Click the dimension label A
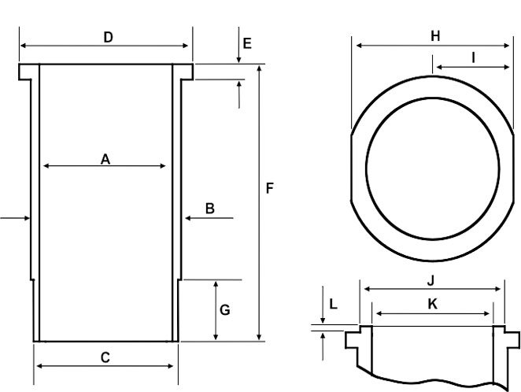[x=105, y=159]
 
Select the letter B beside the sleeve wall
[x=209, y=208]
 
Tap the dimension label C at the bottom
[x=105, y=357]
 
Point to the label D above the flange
[x=108, y=37]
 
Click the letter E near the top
[x=247, y=43]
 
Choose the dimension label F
[x=269, y=189]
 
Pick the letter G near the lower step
[x=224, y=310]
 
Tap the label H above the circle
[x=435, y=35]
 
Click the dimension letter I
[x=473, y=57]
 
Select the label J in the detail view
[x=430, y=279]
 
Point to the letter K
[x=431, y=303]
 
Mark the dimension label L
[x=333, y=304]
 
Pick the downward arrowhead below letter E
[x=238, y=59]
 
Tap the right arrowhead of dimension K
[x=490, y=314]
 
